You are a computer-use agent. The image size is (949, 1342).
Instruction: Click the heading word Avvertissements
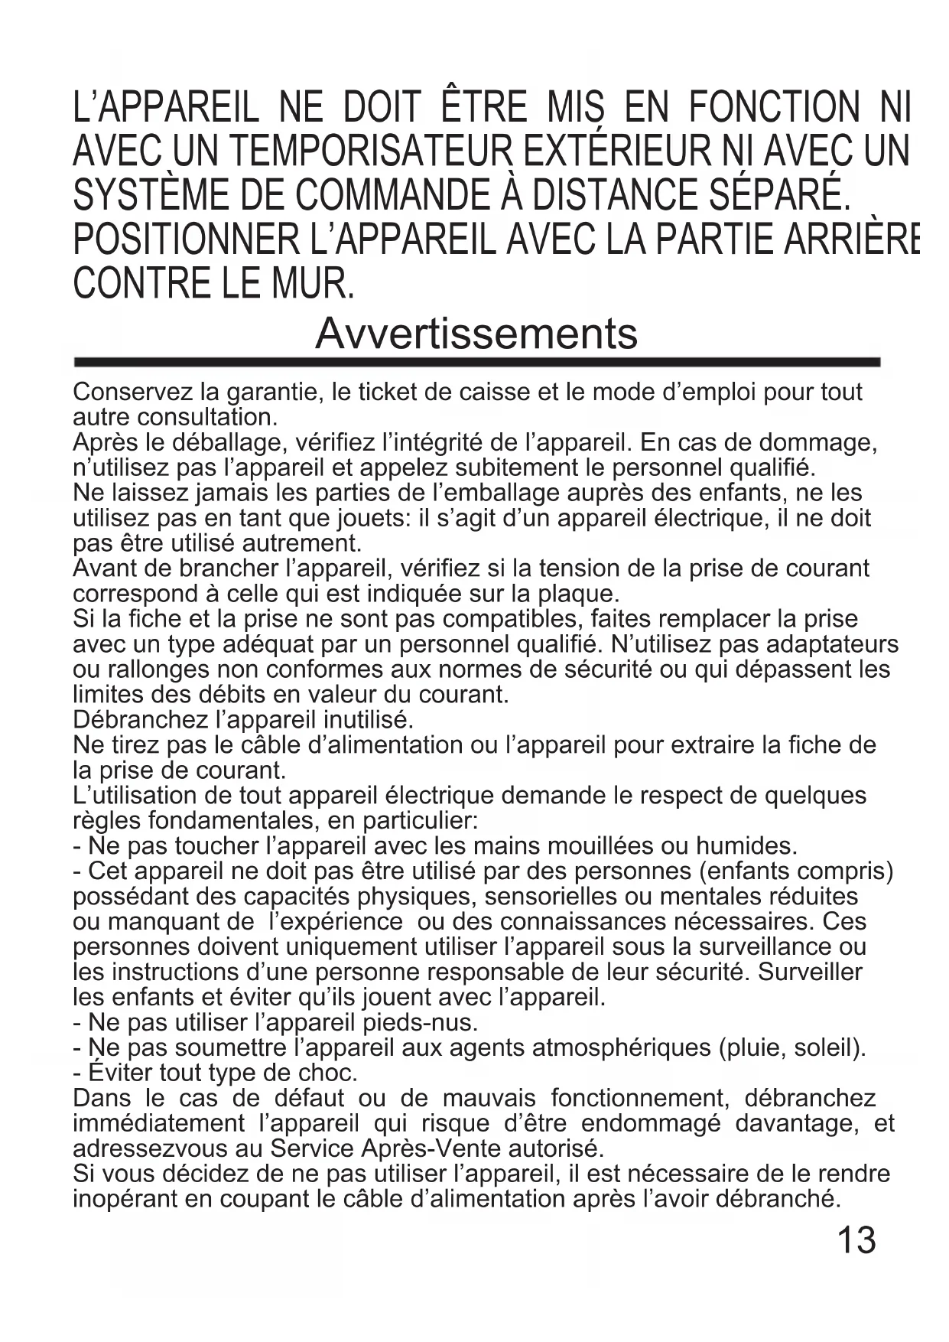[x=476, y=334]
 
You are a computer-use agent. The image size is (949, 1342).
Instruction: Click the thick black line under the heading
[x=476, y=362]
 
